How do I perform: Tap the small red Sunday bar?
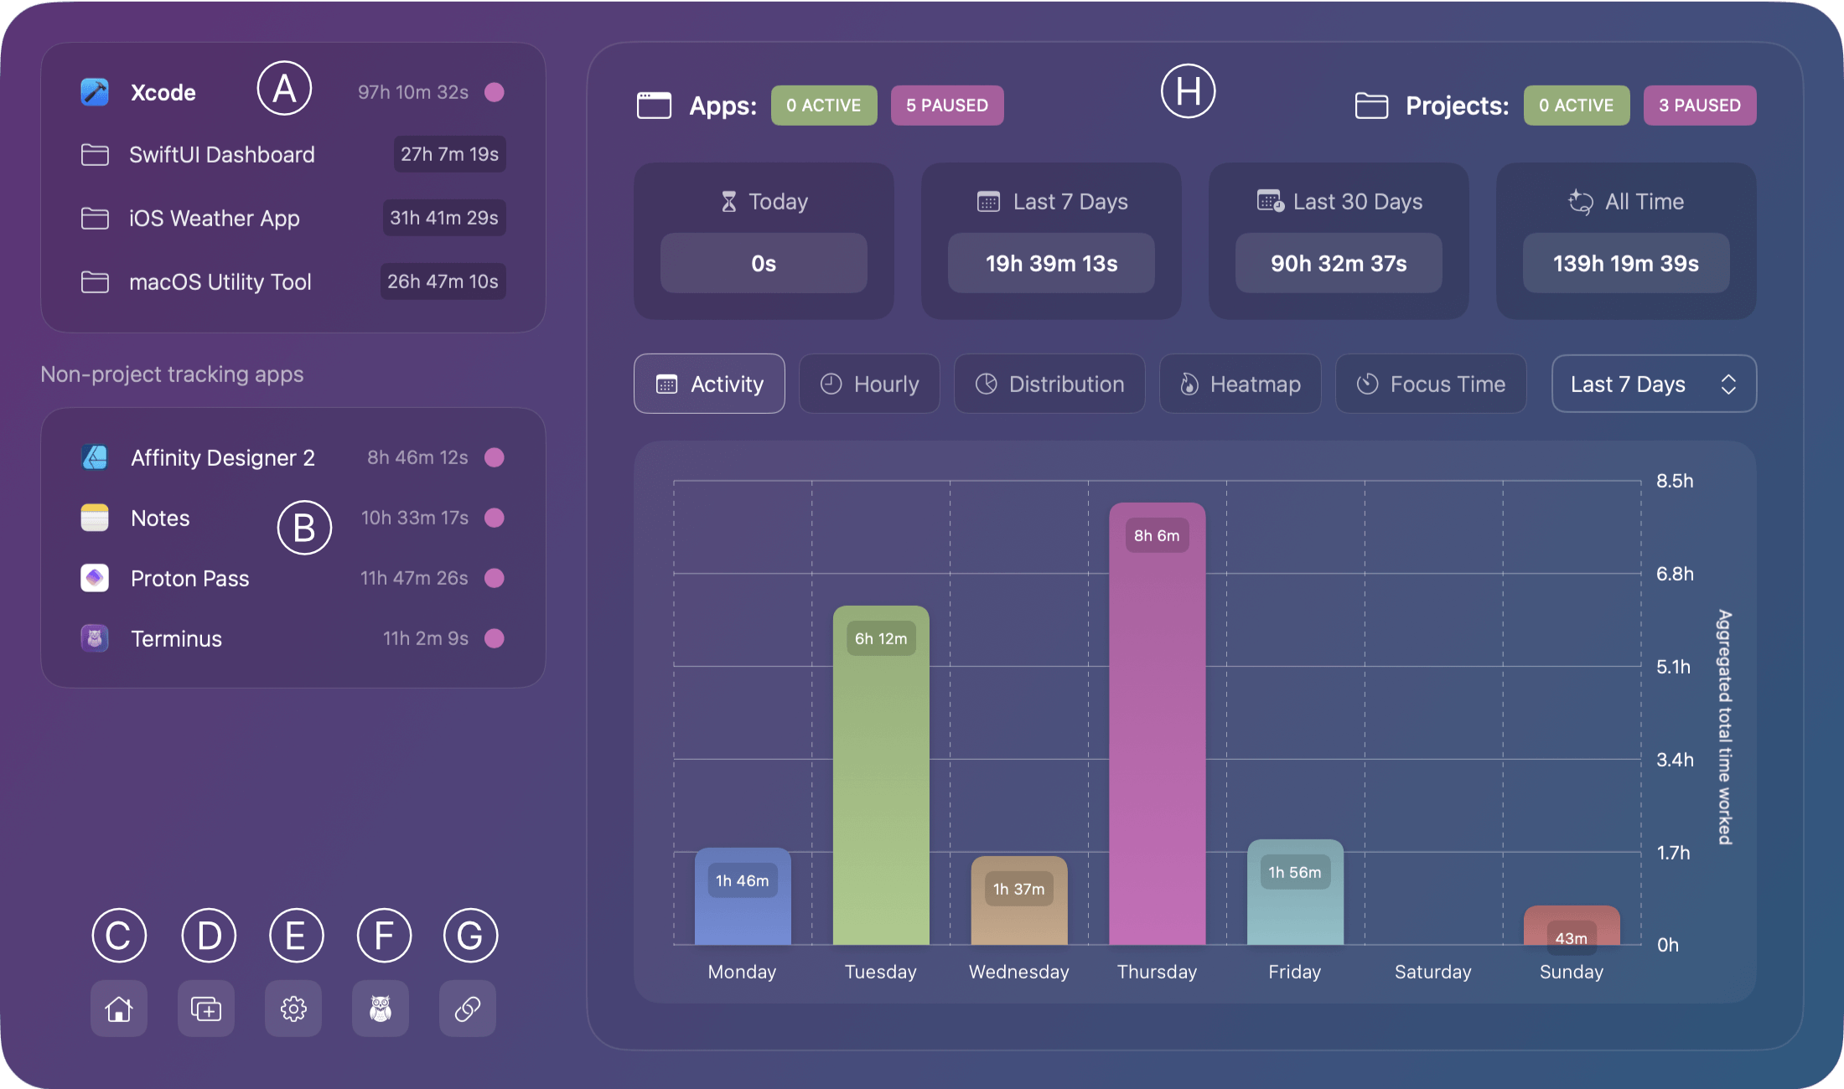coord(1571,926)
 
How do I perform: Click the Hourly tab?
coord(869,384)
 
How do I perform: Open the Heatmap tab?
coord(1240,384)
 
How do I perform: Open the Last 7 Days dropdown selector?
coord(1653,384)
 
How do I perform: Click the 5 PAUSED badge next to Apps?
coord(946,106)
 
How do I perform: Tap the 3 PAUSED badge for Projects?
coord(1699,106)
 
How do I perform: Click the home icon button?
coord(119,1009)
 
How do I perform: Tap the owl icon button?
coord(381,1009)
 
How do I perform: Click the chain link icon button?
coord(468,1009)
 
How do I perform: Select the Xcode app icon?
coord(95,92)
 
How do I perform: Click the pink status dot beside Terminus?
coord(495,638)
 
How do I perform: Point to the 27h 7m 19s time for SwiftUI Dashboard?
coord(449,154)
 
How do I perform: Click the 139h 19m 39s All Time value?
coord(1625,263)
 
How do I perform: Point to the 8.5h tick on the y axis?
coord(1674,481)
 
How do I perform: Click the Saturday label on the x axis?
coord(1432,972)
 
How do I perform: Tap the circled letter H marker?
coord(1188,90)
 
